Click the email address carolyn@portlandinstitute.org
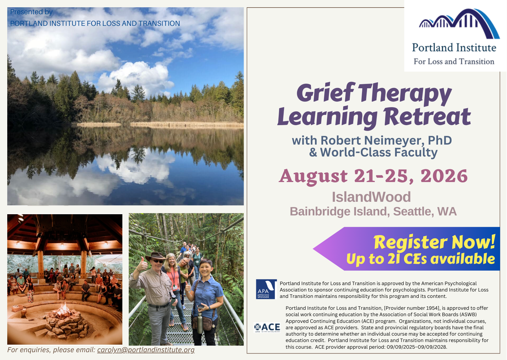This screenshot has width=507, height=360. point(146,350)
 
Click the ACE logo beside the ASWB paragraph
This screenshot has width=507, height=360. point(267,328)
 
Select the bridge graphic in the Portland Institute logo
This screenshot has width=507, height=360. point(459,24)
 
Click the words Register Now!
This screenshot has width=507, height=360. point(434,242)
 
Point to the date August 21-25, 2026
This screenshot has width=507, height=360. point(373,176)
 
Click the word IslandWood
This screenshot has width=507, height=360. point(371,197)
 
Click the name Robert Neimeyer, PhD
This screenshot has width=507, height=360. point(386,141)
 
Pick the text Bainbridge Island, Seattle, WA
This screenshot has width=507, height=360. point(373,212)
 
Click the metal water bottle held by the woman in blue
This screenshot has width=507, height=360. point(200,323)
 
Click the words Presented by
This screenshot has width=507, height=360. point(31,12)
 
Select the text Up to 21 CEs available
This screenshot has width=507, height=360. point(421,259)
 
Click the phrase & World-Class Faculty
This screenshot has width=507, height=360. point(373,153)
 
